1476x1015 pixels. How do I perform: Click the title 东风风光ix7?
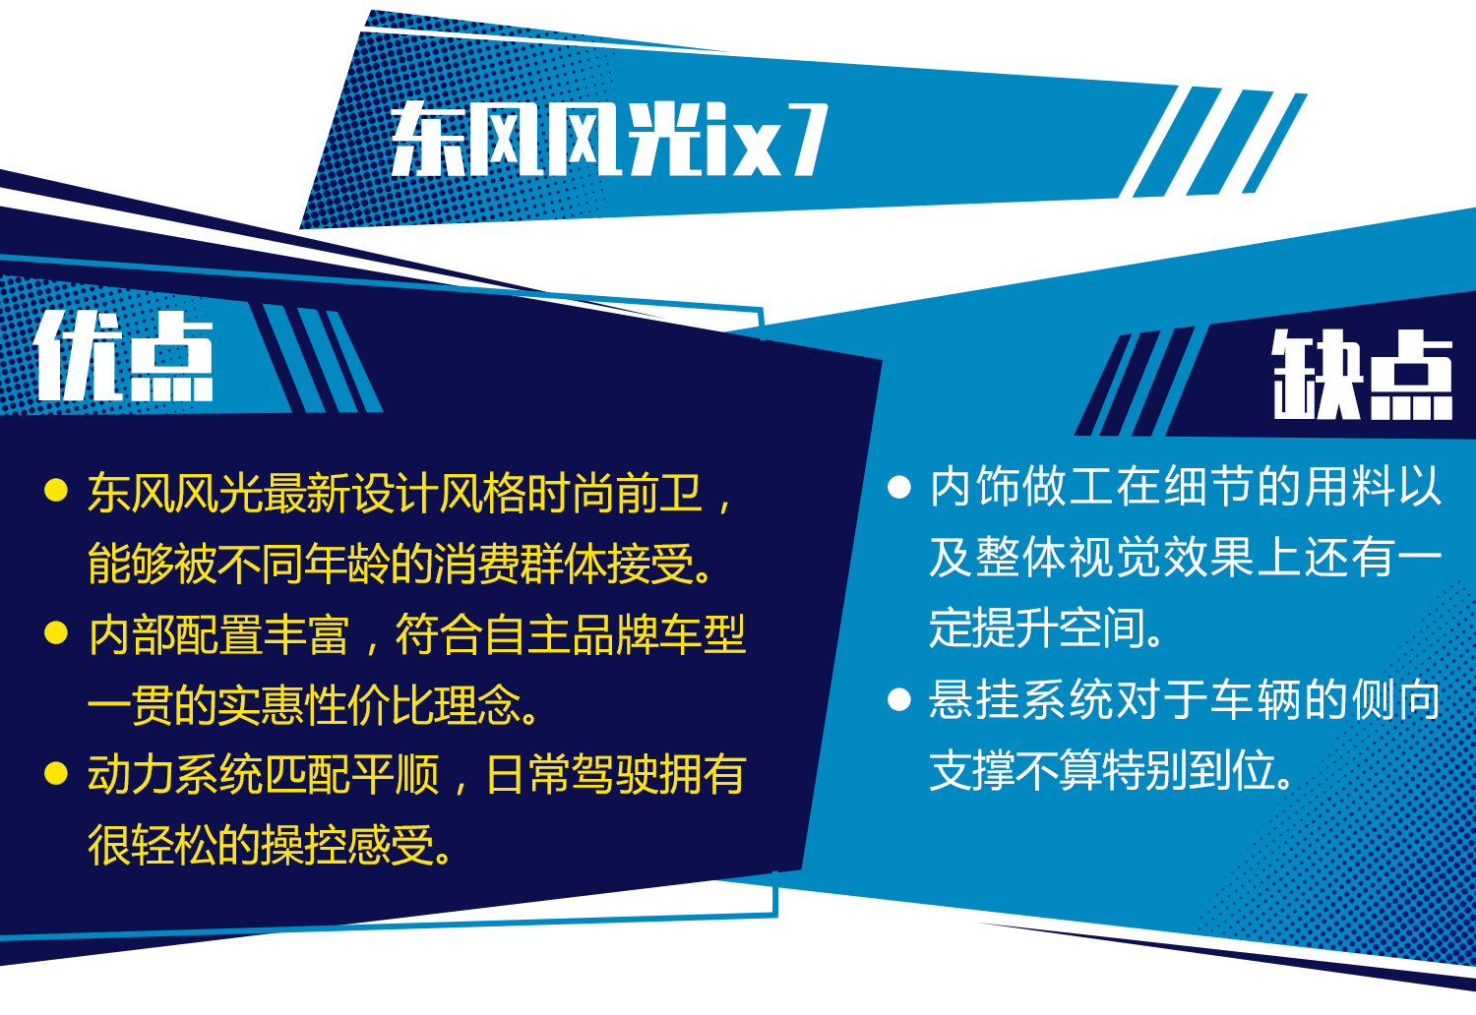609,139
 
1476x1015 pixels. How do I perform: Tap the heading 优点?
124,356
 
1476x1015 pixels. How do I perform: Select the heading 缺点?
1363,374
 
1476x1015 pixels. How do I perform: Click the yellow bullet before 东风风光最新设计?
56,491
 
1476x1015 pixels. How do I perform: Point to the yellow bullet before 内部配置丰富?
56,633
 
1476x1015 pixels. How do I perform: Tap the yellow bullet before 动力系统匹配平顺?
56,773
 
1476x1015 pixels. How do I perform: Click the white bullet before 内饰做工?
898,488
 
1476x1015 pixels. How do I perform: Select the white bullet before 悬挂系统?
898,699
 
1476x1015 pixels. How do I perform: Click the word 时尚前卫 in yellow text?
614,492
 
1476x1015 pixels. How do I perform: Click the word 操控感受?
348,845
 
